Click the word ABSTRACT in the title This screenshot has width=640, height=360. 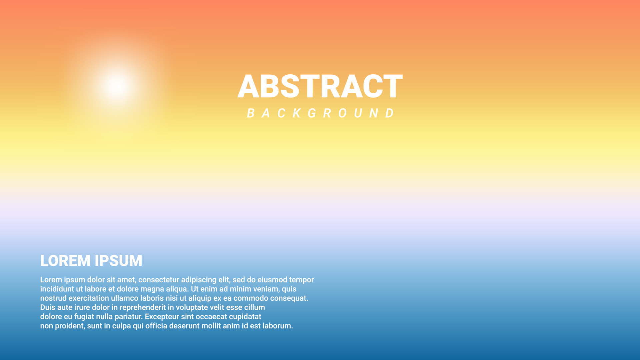coord(320,86)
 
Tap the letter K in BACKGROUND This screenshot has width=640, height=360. coord(296,113)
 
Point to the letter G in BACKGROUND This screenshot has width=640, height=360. coord(312,113)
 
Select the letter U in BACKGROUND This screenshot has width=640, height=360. coord(358,113)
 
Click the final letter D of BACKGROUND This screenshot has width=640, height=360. coord(389,113)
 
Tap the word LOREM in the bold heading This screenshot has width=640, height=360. coord(65,261)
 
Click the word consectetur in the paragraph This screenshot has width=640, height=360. coord(158,280)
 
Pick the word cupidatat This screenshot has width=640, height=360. coord(245,317)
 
